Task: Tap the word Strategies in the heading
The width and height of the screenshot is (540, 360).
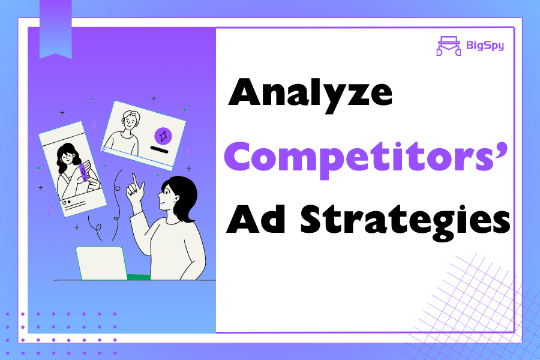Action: (405, 222)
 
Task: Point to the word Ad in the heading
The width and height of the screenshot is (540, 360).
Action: (256, 220)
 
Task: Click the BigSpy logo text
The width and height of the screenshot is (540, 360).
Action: (485, 46)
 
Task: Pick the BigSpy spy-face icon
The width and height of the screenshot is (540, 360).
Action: (448, 46)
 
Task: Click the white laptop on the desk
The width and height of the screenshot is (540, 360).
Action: (101, 263)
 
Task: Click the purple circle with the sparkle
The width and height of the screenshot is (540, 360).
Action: (163, 136)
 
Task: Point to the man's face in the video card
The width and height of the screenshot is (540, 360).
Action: (130, 121)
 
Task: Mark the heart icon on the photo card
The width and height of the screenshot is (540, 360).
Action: (64, 203)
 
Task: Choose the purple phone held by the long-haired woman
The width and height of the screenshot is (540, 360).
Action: (83, 173)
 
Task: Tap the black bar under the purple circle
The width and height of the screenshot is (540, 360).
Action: (160, 149)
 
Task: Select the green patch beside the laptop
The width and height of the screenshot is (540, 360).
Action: (139, 277)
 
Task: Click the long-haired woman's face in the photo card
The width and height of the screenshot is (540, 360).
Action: (67, 159)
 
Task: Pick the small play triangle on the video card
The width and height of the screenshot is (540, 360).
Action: (104, 149)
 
